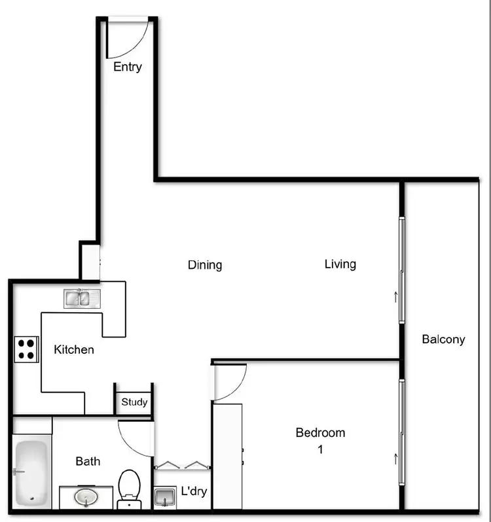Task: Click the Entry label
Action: [127, 67]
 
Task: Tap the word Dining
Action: [205, 265]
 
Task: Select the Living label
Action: [340, 264]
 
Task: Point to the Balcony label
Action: [443, 339]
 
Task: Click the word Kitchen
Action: [73, 349]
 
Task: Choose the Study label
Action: [134, 402]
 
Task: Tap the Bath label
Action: [88, 461]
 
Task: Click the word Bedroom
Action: [320, 432]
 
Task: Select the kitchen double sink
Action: [82, 299]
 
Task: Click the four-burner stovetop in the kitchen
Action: [26, 349]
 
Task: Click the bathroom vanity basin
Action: [85, 498]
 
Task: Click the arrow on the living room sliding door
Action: [395, 298]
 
